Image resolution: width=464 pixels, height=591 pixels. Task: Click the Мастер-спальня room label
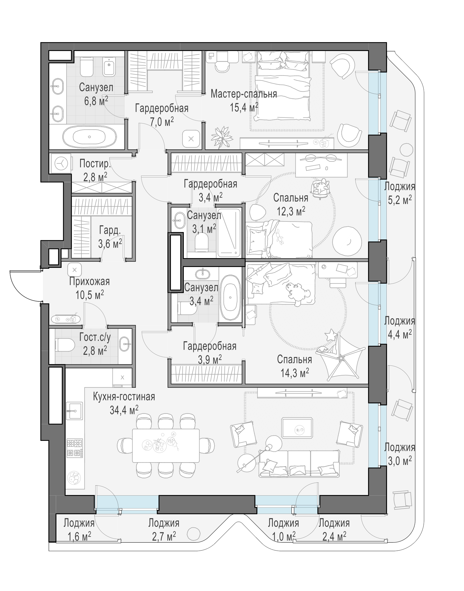tap(244, 94)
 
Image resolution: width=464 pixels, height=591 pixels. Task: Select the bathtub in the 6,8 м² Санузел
tap(90, 136)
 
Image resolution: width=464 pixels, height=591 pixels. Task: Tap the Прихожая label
tap(89, 281)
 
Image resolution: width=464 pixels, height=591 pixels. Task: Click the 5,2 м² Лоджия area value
tap(400, 200)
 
